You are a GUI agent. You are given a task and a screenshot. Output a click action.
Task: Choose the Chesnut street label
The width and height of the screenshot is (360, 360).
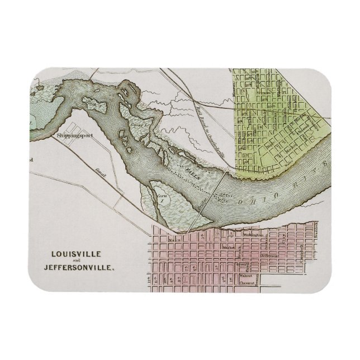coord(247,283)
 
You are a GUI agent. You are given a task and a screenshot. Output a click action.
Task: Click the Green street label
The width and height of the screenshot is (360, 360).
coord(241,265)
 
